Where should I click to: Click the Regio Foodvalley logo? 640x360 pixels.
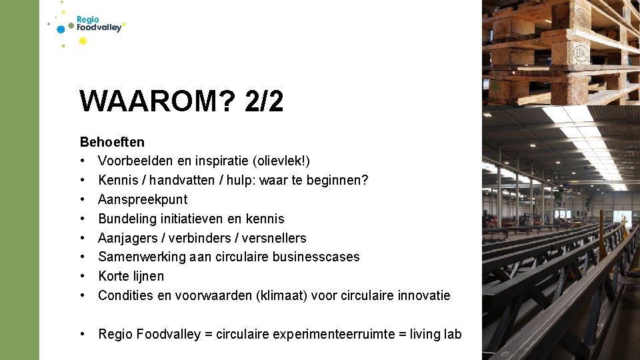coord(93,25)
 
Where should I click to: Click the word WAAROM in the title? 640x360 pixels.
coord(157,101)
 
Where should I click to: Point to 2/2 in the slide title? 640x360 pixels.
coord(264,101)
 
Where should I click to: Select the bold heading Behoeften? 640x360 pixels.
coord(112,142)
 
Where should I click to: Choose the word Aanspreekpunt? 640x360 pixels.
coord(143,199)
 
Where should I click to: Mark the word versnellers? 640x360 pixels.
coord(274,238)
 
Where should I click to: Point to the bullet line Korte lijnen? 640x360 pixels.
coord(131,276)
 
